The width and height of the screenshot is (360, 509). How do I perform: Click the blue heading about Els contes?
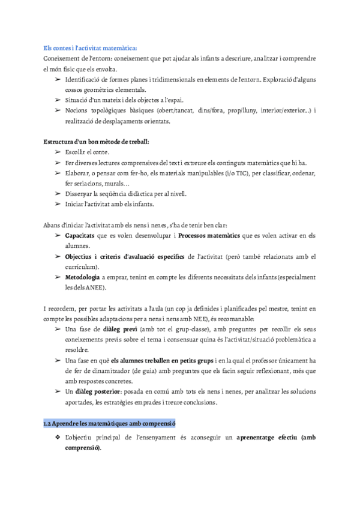(91, 47)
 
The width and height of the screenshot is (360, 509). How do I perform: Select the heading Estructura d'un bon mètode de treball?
(97, 142)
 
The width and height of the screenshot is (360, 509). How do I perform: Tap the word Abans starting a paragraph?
(52, 225)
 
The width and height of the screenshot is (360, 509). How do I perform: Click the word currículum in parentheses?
(81, 267)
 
